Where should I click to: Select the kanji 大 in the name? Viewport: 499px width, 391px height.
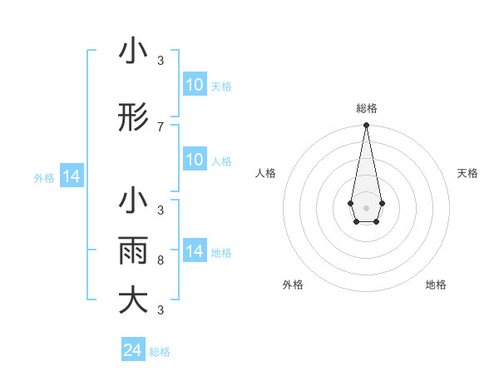(133, 300)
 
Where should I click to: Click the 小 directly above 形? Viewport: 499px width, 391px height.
(133, 52)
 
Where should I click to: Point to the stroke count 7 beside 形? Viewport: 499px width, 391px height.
(161, 126)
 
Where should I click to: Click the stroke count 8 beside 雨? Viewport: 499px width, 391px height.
(161, 260)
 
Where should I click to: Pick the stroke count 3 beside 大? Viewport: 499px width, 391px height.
(161, 310)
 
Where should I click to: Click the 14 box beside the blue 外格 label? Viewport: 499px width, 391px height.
(71, 177)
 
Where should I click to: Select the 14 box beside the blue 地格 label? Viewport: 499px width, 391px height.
(195, 251)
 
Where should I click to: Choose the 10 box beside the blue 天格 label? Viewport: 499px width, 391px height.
(195, 85)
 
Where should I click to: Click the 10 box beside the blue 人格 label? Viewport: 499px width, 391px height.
(195, 160)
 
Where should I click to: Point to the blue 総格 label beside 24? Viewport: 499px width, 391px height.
(160, 352)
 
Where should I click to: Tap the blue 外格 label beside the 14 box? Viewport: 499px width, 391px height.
(44, 178)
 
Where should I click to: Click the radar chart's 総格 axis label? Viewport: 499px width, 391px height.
(366, 108)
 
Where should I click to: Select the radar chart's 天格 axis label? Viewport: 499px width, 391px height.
(467, 173)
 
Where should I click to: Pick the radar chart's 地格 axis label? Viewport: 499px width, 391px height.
(436, 285)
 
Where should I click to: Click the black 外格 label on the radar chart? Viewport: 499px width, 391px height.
(293, 285)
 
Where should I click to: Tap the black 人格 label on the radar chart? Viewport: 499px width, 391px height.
(266, 173)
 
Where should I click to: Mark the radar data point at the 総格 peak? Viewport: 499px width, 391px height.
(366, 125)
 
